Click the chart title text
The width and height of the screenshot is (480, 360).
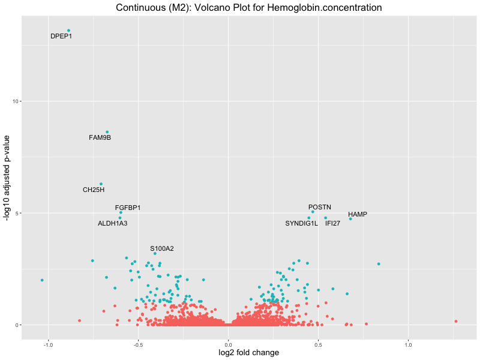[248, 8]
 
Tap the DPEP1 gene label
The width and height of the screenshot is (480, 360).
[61, 36]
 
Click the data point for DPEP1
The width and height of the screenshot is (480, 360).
[68, 31]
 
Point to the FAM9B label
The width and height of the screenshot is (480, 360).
[100, 138]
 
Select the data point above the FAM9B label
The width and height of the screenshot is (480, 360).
[107, 132]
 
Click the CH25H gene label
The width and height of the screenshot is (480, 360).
[94, 190]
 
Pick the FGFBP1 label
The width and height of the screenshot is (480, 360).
[128, 208]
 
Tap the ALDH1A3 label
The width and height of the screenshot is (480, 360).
[112, 223]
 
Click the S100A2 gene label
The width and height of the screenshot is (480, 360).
[162, 248]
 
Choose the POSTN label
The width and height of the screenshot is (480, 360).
[320, 207]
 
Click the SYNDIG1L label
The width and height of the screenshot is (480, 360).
[301, 223]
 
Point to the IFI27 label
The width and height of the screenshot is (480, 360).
[332, 223]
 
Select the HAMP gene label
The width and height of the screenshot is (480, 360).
[358, 214]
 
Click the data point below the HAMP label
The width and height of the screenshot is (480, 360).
[350, 219]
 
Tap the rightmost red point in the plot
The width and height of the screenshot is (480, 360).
[456, 322]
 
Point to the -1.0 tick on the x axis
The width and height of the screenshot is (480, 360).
[48, 344]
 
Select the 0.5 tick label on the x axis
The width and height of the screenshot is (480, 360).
[319, 344]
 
